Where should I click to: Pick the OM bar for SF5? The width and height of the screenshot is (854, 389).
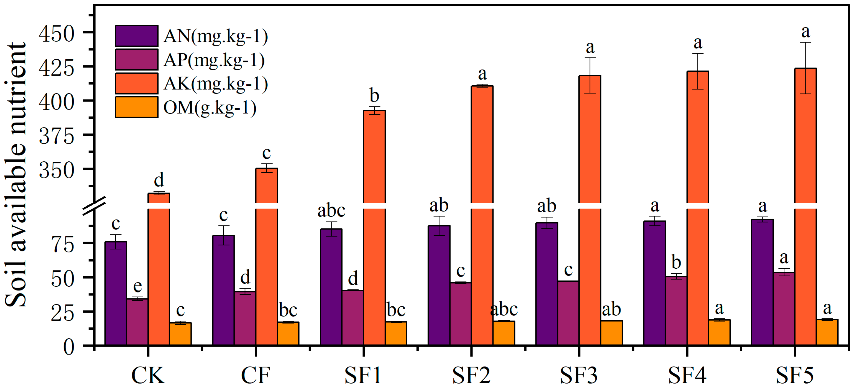[827, 332]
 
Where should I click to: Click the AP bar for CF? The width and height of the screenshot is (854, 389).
[245, 318]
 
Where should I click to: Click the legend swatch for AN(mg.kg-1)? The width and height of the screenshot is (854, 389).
[137, 36]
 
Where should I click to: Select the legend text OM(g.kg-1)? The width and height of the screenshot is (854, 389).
[210, 108]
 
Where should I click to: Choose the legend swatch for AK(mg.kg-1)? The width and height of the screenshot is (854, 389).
[137, 83]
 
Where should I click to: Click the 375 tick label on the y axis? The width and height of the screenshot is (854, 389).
[56, 136]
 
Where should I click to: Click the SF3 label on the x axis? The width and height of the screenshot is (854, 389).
[579, 375]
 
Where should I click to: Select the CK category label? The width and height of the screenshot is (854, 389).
[148, 375]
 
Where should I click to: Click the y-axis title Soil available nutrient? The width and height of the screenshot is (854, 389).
[16, 175]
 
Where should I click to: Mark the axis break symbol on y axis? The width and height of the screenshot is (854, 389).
[94, 205]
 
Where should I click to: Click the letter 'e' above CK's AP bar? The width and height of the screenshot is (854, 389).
[137, 286]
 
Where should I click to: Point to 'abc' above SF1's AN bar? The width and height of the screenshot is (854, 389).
[331, 211]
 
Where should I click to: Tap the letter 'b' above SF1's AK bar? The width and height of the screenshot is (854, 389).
[374, 96]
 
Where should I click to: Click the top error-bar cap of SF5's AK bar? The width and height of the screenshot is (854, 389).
[806, 42]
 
